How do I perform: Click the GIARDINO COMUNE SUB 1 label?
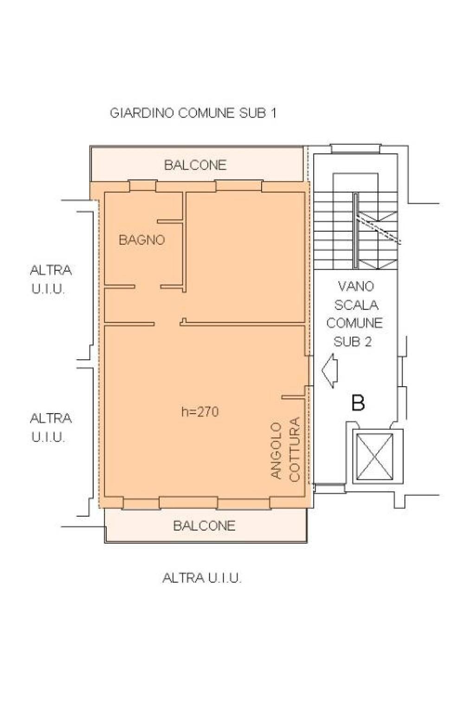(x=193, y=113)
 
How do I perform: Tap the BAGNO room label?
(x=142, y=240)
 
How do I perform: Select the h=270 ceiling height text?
(x=200, y=412)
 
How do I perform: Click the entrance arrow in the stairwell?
(x=329, y=371)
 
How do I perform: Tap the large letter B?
(x=358, y=402)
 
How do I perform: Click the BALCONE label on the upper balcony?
(x=195, y=165)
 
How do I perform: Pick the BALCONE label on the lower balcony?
(x=204, y=525)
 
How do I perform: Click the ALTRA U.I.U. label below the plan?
(x=202, y=577)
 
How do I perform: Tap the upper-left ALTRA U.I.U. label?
(x=51, y=280)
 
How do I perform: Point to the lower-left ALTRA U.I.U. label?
(x=51, y=428)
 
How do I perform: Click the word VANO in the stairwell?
(x=356, y=286)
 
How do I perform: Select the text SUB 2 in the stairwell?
(x=353, y=342)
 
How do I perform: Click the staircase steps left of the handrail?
(x=333, y=230)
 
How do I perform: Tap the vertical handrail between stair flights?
(x=356, y=231)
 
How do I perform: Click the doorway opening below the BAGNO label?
(x=148, y=287)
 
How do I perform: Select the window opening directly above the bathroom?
(x=142, y=186)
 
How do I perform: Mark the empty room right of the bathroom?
(x=245, y=257)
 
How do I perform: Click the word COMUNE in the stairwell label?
(x=354, y=323)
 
